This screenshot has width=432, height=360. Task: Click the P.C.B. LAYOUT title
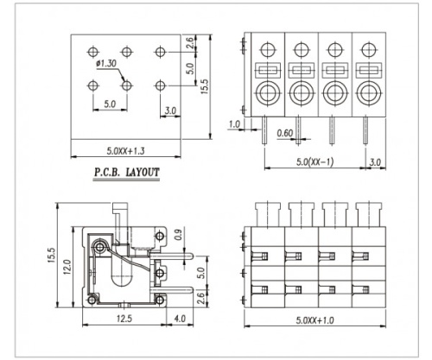pos(125,173)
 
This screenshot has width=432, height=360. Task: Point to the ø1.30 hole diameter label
pos(106,64)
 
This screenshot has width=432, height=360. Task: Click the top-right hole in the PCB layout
pos(161,52)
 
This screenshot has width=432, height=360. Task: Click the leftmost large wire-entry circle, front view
pos(267,92)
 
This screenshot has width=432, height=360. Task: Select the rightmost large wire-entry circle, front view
pos(367,92)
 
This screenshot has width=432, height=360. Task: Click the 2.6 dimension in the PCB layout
pos(189,43)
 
